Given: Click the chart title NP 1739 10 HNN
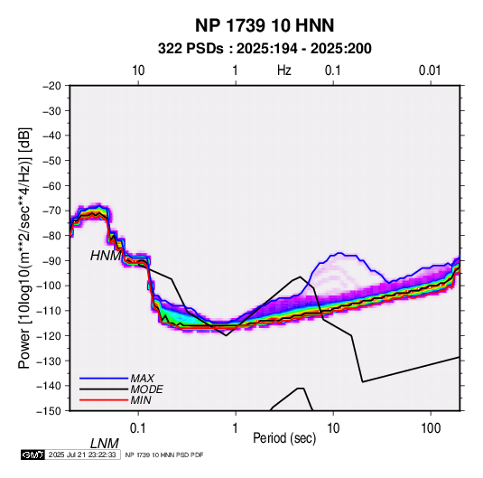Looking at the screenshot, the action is click(265, 25).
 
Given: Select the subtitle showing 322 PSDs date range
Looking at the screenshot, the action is click(265, 49).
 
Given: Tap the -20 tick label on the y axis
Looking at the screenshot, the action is click(51, 86).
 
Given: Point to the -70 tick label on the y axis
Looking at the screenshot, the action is click(51, 211).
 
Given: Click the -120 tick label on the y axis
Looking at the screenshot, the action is click(49, 335).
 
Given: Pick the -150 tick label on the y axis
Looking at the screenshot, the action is click(49, 411).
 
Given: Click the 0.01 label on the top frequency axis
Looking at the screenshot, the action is click(430, 70).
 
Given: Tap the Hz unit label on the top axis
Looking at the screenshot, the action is click(284, 70).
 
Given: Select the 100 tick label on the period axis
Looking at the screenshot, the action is click(431, 428).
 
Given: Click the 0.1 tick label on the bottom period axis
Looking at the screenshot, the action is click(138, 428).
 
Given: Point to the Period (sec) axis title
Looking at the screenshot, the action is click(284, 438).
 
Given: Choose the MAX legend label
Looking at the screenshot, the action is click(143, 379).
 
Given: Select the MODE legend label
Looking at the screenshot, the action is click(146, 389).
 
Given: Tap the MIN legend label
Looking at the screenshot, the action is click(141, 400).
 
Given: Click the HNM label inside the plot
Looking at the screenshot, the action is click(106, 256).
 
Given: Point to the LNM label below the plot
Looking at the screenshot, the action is click(104, 444).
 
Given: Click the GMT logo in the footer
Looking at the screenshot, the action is click(33, 455).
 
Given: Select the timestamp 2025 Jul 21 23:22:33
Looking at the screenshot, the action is click(82, 455).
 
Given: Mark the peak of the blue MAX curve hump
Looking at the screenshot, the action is click(339, 253).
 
